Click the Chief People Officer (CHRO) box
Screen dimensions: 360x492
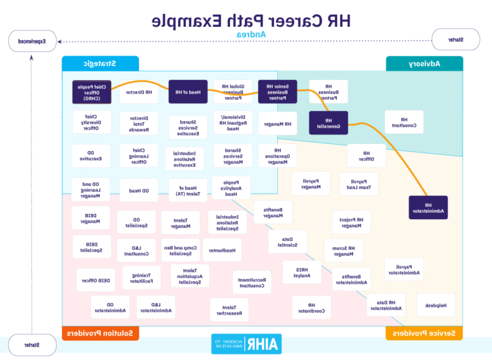pos(91,92)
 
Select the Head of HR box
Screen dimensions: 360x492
pos(188,92)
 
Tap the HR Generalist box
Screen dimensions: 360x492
pos(328,123)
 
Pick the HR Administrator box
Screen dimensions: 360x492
pos(428,207)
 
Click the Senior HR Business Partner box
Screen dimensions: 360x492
pos(277,92)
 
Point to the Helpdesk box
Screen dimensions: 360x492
pos(436,305)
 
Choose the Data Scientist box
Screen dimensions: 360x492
pos(288,241)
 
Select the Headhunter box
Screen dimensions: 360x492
pos(222,250)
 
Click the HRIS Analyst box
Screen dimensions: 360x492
pos(302,272)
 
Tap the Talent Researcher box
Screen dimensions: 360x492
pos(229,310)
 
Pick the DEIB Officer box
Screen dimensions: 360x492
pos(95,280)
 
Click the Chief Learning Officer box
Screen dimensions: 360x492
pos(138,156)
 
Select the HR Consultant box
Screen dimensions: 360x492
pos(404,122)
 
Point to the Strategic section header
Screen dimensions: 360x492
pos(99,63)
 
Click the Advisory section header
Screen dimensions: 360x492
pos(423,63)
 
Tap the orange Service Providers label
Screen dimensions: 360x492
pos(423,333)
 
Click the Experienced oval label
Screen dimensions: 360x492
pos(31,41)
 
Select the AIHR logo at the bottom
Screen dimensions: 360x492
pos(246,344)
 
